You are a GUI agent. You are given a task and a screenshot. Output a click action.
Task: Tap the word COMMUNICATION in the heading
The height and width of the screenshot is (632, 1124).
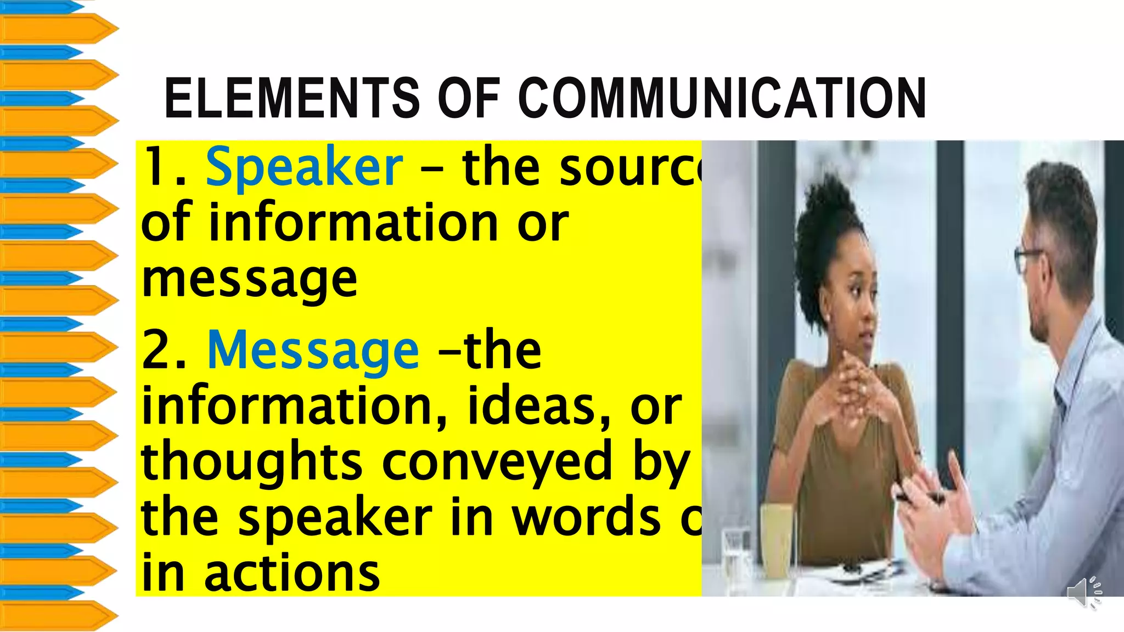point(722,99)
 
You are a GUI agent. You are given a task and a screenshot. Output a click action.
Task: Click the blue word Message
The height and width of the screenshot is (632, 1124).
point(313,351)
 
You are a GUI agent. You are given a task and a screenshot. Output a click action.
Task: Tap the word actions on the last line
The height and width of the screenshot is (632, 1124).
point(292,573)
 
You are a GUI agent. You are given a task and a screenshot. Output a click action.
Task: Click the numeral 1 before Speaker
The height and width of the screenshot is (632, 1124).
point(155,167)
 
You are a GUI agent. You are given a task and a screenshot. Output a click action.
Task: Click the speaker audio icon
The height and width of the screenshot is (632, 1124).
point(1084,592)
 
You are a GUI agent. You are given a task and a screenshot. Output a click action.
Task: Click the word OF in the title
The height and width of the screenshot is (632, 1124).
point(469,99)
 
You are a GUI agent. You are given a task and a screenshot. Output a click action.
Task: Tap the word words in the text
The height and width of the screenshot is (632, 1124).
point(586,518)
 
